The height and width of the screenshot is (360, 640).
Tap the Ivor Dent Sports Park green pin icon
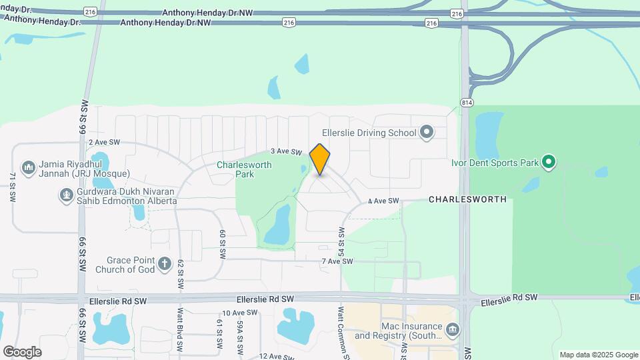pyautogui.click(x=549, y=162)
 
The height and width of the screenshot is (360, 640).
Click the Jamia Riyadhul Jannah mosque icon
pyautogui.click(x=28, y=166)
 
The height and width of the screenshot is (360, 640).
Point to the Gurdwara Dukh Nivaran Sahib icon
pyautogui.click(x=66, y=195)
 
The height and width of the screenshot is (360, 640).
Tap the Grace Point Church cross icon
pyautogui.click(x=165, y=265)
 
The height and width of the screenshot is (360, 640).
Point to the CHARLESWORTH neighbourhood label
pyautogui.click(x=467, y=199)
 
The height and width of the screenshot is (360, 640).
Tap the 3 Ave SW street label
pyautogui.click(x=283, y=152)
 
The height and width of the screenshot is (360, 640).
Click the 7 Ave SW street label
pyautogui.click(x=336, y=261)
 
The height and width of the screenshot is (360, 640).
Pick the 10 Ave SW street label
pyautogui.click(x=239, y=313)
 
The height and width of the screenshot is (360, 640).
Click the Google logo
pyautogui.click(x=22, y=352)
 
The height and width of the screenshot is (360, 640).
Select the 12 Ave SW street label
pyautogui.click(x=276, y=357)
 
